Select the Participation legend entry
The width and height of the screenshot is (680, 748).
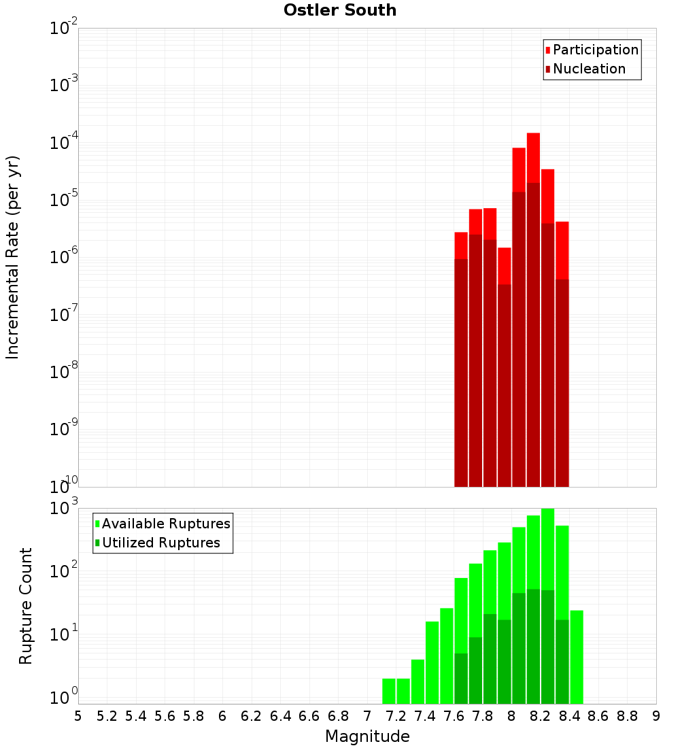595,50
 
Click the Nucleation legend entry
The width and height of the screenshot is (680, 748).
588,69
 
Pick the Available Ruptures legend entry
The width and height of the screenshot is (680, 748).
165,524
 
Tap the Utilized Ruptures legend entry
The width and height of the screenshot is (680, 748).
160,543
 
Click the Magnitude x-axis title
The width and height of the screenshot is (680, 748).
367,736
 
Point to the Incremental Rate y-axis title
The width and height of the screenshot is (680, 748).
13,257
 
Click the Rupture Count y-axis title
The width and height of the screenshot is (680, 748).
26,606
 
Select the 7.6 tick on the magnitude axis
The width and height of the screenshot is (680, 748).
454,716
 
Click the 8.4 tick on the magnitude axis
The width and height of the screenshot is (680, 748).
569,716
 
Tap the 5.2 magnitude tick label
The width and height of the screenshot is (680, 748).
107,716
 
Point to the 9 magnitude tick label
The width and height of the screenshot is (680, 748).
656,716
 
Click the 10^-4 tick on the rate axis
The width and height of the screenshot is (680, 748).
64,143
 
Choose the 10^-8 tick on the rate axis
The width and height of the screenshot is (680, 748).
64,372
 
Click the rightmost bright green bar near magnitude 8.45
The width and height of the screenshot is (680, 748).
577,656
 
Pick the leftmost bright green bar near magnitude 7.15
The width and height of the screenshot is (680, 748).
389,690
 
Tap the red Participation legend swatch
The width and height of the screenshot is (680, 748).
547,50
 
